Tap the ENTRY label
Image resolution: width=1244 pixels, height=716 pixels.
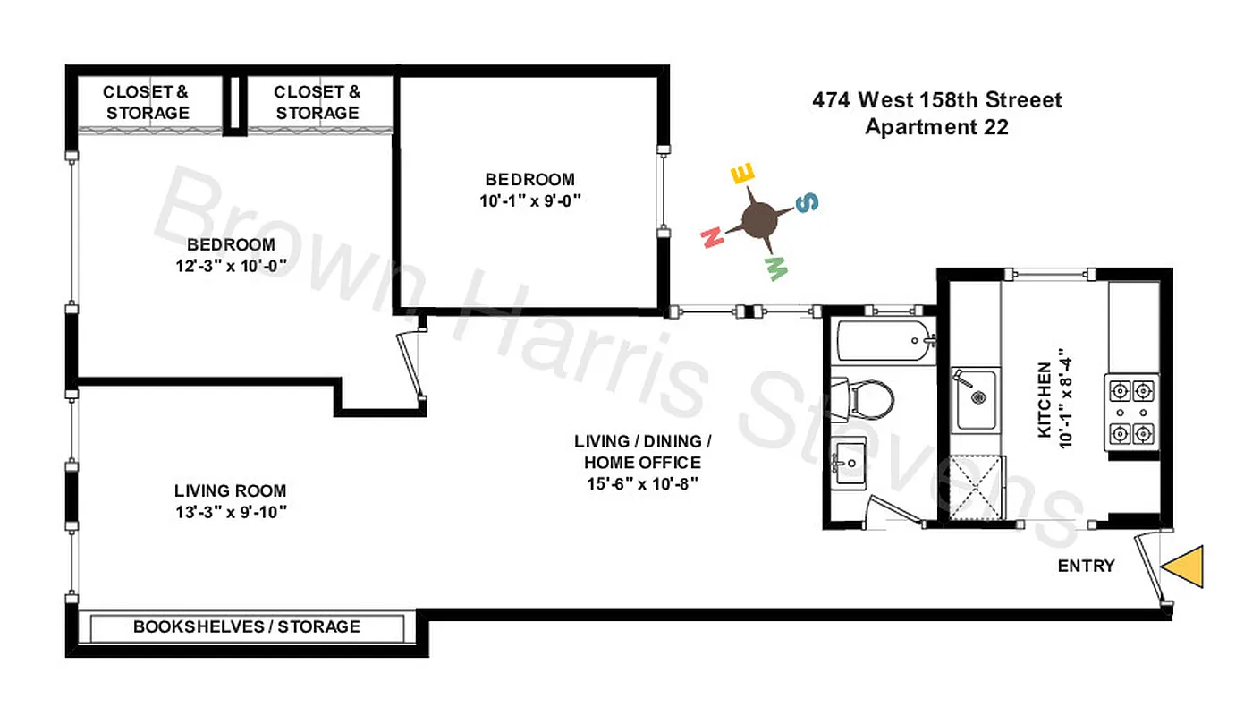pos(1086,566)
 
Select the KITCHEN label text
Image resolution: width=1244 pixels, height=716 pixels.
pos(1044,400)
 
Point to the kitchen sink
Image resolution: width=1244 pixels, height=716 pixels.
pos(975,398)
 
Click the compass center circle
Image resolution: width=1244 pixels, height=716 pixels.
pos(759,219)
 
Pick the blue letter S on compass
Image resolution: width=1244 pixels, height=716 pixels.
pos(807,203)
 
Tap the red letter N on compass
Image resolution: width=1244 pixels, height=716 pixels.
pos(712,237)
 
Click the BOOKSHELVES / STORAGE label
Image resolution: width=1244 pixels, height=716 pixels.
pos(247,626)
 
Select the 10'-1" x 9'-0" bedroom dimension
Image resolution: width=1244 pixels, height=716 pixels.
pos(530,200)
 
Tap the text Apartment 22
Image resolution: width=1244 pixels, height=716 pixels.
pos(936,127)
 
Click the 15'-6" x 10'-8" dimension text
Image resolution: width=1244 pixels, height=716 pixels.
pos(642,484)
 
